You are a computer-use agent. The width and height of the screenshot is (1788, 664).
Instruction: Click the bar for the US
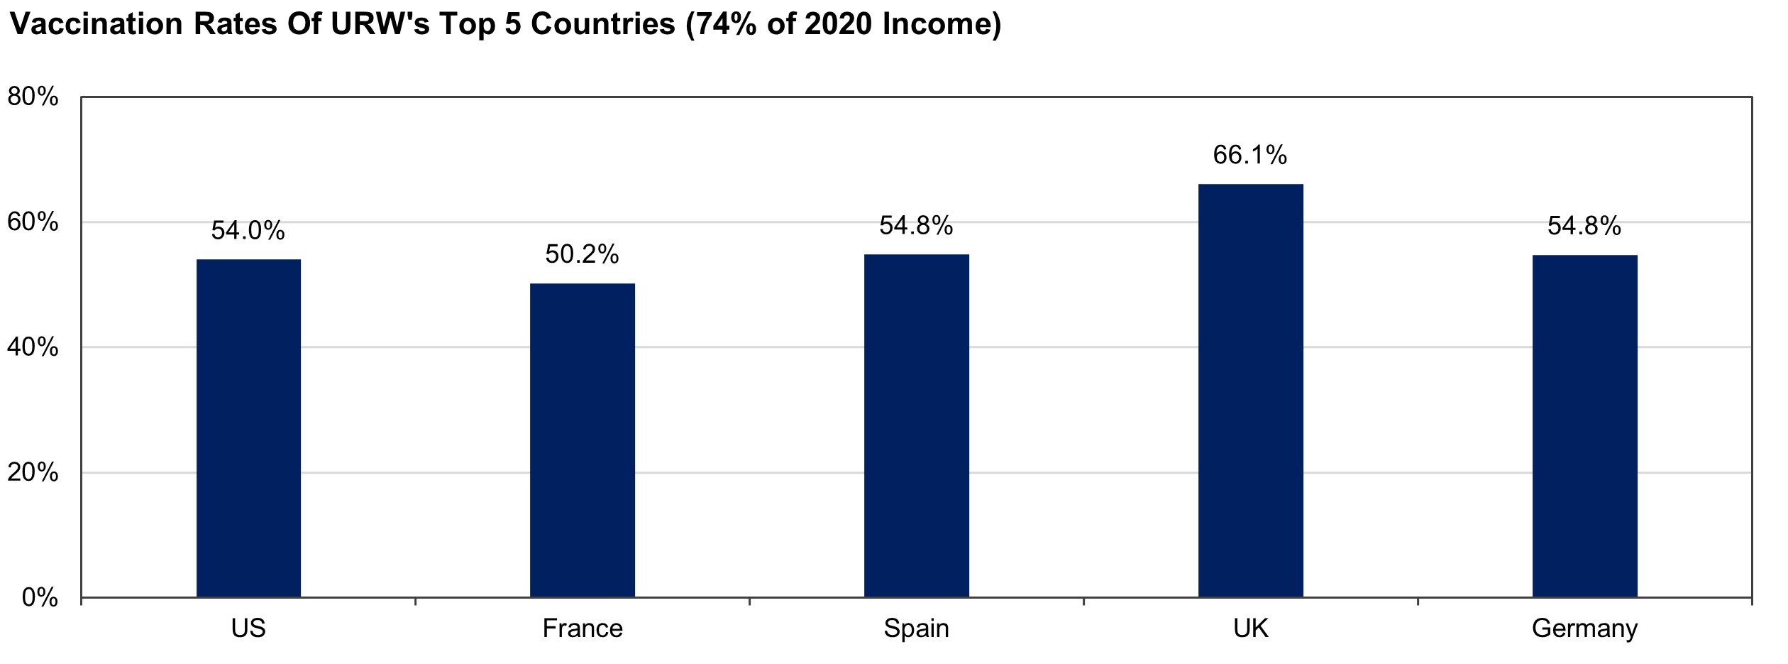coord(248,428)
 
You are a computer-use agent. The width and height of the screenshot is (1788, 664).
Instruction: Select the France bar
coord(583,440)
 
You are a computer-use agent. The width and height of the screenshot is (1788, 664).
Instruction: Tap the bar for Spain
coord(916,425)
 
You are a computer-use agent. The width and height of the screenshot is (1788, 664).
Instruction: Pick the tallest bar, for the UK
coord(1250,391)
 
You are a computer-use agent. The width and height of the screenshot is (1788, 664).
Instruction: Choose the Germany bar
coord(1584,426)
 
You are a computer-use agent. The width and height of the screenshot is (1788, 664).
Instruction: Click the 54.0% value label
coord(248,231)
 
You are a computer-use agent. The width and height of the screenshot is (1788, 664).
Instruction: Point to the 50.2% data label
coord(583,254)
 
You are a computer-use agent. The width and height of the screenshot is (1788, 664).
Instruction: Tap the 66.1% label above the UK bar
coord(1250,156)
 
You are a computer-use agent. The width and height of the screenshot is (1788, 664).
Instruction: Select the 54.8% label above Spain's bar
coord(916,227)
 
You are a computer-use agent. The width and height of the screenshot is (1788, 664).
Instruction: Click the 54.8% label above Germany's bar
coord(1584,227)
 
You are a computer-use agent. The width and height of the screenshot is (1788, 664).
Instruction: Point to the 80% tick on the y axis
coord(33,97)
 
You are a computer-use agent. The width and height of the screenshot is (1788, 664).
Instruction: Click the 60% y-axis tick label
coord(33,222)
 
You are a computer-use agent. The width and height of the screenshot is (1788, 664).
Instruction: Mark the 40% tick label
coord(33,347)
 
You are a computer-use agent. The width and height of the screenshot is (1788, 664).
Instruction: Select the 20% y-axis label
coord(33,472)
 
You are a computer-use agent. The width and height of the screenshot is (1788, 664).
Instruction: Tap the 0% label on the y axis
coord(40,598)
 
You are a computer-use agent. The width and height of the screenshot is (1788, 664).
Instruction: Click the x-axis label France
coord(583,628)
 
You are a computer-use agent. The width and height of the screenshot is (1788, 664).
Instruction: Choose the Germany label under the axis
coord(1584,629)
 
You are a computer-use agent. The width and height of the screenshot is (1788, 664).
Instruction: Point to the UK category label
coord(1250,628)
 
